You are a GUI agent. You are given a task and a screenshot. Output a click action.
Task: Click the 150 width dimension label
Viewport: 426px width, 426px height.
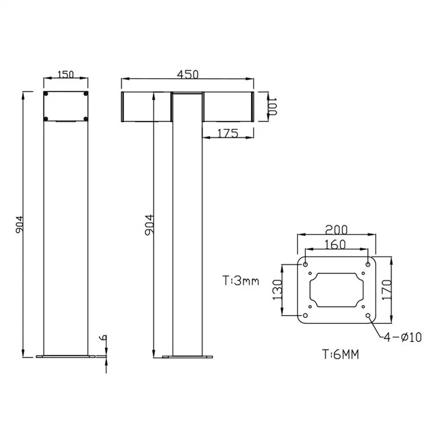click(66, 74)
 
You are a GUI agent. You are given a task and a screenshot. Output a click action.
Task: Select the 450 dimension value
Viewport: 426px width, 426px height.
click(188, 74)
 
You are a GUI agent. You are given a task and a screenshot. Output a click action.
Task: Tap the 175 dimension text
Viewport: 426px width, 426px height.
click(228, 134)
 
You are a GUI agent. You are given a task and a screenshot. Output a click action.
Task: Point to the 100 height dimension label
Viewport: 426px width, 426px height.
click(272, 106)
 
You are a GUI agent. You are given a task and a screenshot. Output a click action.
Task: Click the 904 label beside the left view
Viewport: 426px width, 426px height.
click(19, 225)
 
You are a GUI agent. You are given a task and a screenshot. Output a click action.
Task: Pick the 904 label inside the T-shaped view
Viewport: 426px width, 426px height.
click(149, 225)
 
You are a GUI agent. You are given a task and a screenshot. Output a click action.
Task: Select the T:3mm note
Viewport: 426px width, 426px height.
click(241, 281)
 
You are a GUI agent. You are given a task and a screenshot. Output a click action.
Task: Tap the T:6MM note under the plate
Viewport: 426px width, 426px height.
click(341, 354)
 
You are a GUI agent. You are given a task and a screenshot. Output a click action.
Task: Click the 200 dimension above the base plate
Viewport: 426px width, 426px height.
click(336, 229)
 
